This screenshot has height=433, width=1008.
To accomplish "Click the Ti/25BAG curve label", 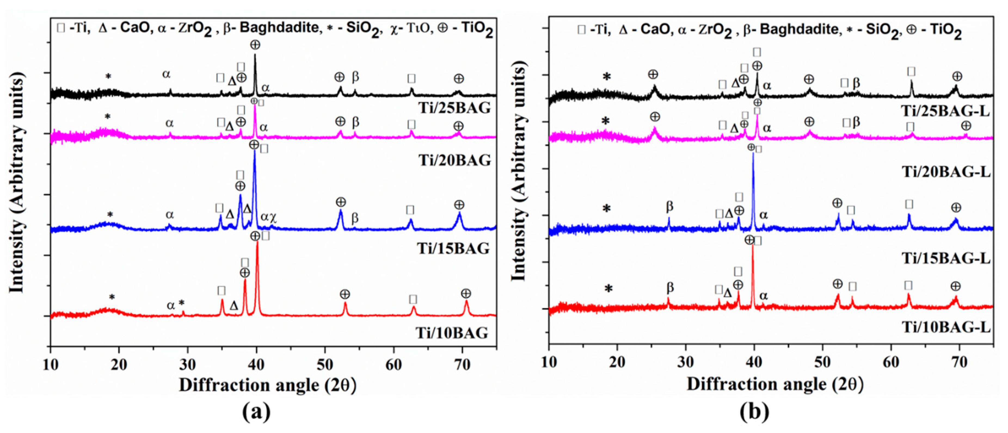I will (x=455, y=107).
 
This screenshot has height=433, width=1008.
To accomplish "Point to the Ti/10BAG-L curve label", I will (x=945, y=327).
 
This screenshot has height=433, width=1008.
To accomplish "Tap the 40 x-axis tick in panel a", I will (x=256, y=364).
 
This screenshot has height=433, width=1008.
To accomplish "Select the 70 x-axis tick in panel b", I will (x=960, y=363).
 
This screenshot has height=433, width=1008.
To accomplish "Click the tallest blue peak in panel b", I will (x=753, y=154).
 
